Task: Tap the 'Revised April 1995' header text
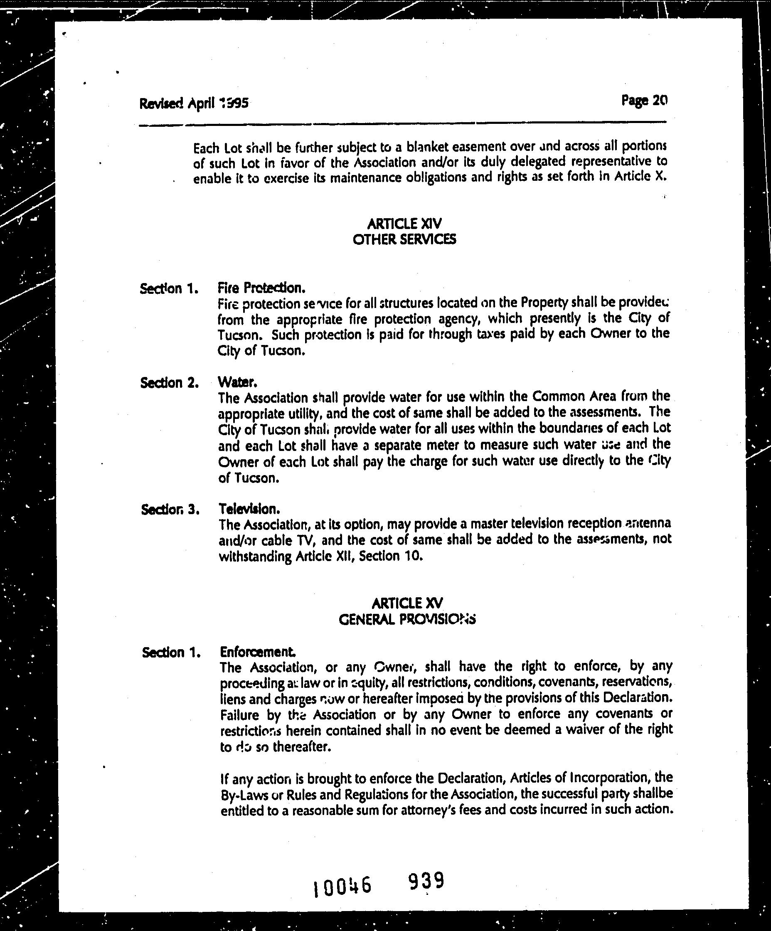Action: tap(194, 103)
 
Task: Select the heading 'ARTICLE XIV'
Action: tap(404, 223)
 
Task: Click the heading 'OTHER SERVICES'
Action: tap(404, 239)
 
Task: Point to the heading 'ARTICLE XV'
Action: tap(407, 603)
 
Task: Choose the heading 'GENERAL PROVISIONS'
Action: tap(407, 619)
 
